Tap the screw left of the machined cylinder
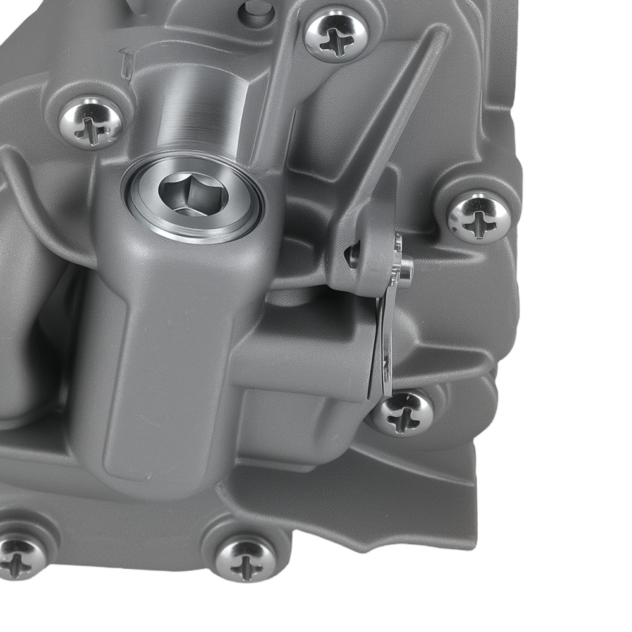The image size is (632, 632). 91,123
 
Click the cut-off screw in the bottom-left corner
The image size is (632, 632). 19,556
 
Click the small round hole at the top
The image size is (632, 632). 256,11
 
